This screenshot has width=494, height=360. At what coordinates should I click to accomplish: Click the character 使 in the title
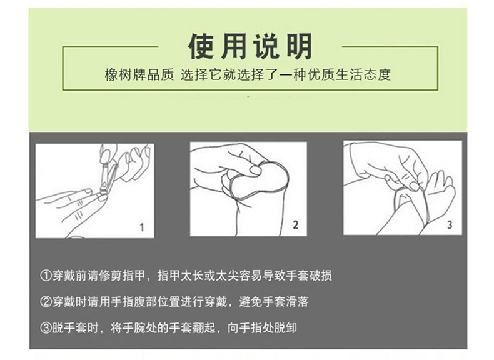[201, 46]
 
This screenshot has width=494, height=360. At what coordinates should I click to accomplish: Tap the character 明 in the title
[299, 46]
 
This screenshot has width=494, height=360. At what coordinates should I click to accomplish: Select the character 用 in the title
[233, 46]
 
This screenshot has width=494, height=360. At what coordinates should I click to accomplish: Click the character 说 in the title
[266, 46]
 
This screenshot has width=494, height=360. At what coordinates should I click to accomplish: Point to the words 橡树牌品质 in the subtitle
[139, 75]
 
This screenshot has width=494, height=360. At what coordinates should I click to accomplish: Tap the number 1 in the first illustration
[142, 227]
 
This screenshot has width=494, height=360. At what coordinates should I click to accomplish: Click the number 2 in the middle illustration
[295, 224]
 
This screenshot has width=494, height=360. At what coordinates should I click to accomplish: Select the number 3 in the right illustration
[450, 224]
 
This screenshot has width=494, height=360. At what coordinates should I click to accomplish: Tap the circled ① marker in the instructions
[46, 276]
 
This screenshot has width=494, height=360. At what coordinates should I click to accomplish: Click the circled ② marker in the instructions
[46, 302]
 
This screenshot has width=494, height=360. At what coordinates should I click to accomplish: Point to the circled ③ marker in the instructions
[46, 328]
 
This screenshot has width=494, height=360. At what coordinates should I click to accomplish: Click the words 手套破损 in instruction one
[308, 276]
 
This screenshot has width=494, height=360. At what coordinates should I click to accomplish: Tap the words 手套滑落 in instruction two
[285, 302]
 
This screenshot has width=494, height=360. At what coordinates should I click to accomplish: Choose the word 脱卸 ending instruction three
[285, 328]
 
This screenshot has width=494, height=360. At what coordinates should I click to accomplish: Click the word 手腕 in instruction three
[133, 328]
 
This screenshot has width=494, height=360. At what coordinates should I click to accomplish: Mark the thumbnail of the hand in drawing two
[255, 171]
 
